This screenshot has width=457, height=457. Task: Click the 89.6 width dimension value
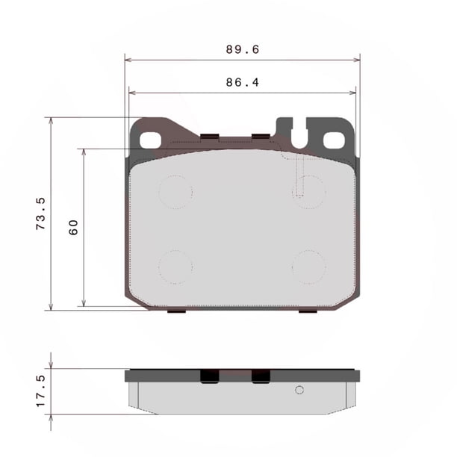coord(243,49)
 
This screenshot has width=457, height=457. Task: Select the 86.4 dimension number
coord(243,82)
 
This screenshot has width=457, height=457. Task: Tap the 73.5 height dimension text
coord(41,214)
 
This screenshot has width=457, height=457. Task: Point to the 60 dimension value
coord(73,227)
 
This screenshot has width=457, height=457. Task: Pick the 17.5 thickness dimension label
coord(41,391)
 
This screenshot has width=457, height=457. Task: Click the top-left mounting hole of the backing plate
coord(150,140)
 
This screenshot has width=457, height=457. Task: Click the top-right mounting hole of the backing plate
coord(334,140)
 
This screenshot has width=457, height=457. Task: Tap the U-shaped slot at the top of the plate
coord(299,134)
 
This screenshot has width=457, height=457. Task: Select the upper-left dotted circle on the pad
coord(175,192)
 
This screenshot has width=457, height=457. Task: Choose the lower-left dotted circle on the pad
coord(175,267)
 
